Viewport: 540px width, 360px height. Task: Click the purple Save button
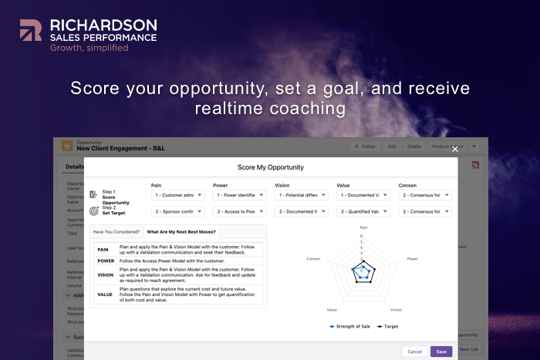coord(441,352)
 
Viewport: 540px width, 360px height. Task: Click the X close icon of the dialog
coord(455,149)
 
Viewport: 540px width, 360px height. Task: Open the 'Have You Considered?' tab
coord(116,231)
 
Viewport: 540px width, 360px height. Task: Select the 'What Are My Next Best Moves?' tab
coord(182,231)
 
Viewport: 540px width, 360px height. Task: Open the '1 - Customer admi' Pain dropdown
coord(177,195)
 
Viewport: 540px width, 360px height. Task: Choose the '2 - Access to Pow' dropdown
coord(239,211)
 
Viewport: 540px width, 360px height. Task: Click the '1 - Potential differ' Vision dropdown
coord(301,195)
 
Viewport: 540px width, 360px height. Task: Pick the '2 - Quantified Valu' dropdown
coord(363,211)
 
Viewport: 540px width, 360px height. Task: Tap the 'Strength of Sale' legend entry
coord(350,326)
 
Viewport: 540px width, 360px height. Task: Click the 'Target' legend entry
coord(389,326)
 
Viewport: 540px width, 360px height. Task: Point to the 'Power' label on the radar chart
coord(412,259)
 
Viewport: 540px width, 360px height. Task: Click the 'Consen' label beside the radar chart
coord(313,259)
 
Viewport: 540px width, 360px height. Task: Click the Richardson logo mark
coord(32,30)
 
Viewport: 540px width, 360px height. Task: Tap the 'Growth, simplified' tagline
coord(85,48)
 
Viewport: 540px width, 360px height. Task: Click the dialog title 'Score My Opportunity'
coord(270,167)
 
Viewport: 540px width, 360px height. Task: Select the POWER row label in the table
coord(105,261)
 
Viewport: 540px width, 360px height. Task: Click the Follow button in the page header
coord(364,146)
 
